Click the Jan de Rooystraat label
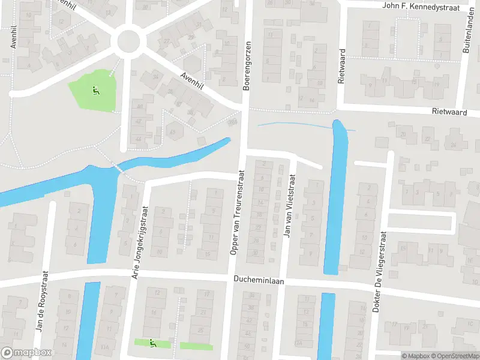tap(40, 301)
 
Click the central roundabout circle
tap(129, 41)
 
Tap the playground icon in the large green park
tap(94, 91)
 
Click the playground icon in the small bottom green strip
tap(152, 344)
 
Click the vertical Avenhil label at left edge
tap(13, 37)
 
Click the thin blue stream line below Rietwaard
tap(288, 124)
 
